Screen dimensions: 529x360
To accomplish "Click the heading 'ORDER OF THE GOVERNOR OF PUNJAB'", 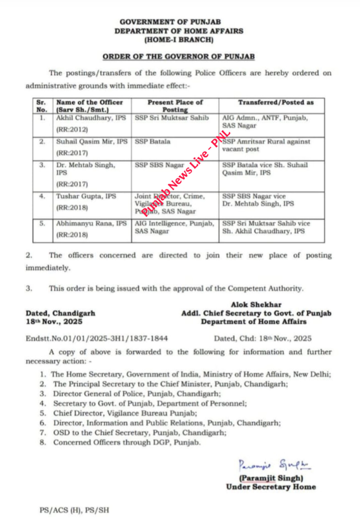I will coord(179,56).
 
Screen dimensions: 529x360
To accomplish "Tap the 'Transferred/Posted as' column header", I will coord(276,102).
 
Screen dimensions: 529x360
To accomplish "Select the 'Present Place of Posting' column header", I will coord(175,106).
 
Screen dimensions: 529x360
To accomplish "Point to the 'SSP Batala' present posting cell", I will coord(152,142).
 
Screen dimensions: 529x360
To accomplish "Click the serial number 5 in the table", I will coord(42,223).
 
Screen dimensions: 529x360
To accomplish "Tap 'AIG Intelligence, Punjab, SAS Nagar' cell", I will coord(174,227).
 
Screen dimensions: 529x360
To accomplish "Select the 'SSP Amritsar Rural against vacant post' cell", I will coord(266,145).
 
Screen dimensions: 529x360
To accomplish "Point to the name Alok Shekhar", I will coord(256,305).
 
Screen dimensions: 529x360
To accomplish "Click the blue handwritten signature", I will coord(274,465).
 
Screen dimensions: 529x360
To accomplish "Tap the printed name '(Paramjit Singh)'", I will coord(271,478).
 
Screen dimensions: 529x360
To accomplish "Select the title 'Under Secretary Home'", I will coord(271,487).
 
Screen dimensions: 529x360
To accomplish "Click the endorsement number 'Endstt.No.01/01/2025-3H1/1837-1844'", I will coord(97,338).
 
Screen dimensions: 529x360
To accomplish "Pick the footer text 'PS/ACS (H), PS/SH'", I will coord(74,510).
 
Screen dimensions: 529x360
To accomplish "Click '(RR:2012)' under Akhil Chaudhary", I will coord(72,129).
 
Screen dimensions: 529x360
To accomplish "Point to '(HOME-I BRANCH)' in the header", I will coord(179,40).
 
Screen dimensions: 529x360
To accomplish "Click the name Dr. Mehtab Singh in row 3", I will coord(86,165).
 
